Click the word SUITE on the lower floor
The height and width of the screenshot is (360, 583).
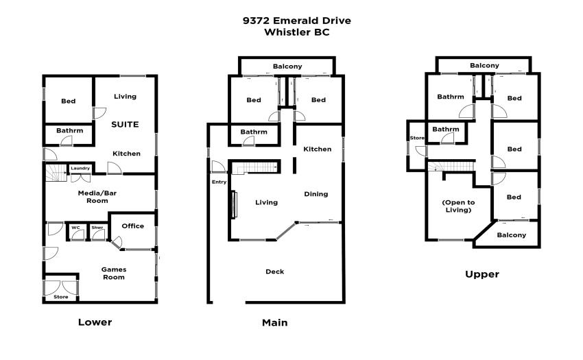tap(125, 125)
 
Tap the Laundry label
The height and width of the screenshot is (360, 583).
tap(80, 168)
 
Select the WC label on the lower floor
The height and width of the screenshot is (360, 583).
tap(76, 228)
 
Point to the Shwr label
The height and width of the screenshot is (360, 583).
tap(97, 228)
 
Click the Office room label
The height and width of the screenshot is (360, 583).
tap(133, 226)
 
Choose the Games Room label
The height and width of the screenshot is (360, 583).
tap(114, 273)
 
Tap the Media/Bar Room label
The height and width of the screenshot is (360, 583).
tap(97, 197)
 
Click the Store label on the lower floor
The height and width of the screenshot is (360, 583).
tap(60, 297)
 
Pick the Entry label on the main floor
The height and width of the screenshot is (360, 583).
tap(219, 182)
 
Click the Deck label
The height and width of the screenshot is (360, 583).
tap(275, 272)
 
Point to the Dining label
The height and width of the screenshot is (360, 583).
tap(316, 194)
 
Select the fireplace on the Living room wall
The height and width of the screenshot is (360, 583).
tap(235, 204)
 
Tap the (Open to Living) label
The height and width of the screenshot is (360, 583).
tap(458, 206)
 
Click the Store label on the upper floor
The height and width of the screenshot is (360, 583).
tap(417, 138)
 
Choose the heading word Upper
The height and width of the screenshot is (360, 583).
tap(482, 274)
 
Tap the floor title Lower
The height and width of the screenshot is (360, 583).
tap(95, 322)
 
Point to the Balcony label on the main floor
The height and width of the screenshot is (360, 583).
tap(287, 67)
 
